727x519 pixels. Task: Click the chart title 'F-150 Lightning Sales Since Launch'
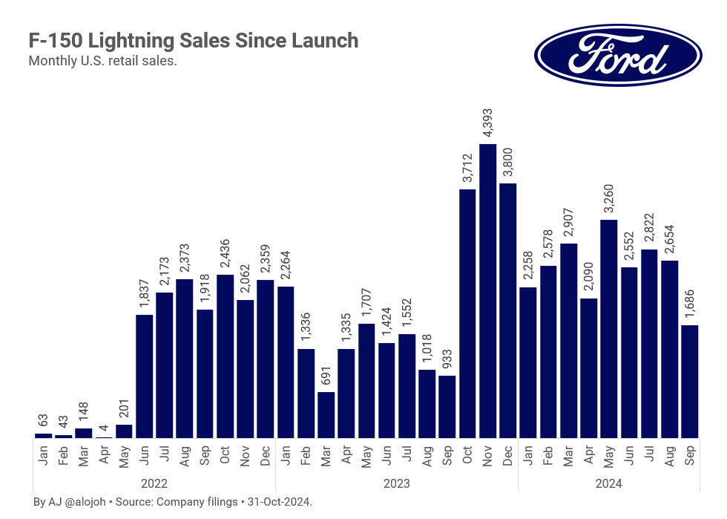pos(193,41)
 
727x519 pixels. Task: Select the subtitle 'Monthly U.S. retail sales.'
pos(102,61)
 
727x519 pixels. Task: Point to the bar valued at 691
pos(326,415)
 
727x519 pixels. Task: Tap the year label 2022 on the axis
pos(154,483)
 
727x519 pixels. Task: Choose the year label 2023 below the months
pos(397,483)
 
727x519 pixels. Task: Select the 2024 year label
pos(608,483)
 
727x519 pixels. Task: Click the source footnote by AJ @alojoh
pos(173,503)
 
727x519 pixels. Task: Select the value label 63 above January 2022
pos(44,422)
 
